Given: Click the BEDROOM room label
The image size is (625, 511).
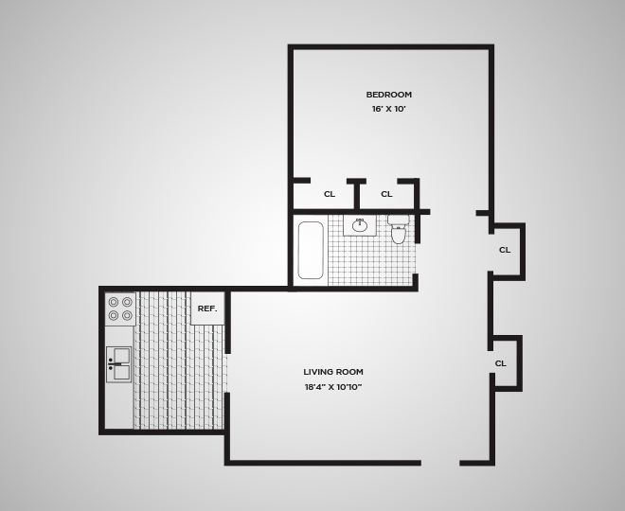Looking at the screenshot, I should (x=388, y=95).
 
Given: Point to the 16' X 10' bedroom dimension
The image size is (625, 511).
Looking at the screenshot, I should (x=388, y=110).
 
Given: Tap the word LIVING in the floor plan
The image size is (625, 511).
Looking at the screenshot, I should (x=318, y=372).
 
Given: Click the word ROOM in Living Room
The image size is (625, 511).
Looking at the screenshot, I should (x=349, y=372).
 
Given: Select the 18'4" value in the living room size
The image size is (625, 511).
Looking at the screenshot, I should (x=315, y=387).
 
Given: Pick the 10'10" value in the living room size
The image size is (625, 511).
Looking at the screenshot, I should (x=348, y=387).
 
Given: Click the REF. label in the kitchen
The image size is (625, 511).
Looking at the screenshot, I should (x=207, y=308).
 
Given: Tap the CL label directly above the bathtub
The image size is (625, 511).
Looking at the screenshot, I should (x=330, y=194).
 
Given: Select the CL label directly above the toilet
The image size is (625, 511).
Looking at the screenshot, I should (x=386, y=194).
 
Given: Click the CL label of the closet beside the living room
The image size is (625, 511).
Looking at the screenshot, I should (x=500, y=363).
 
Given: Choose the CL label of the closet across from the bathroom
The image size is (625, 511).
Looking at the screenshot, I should (x=505, y=250).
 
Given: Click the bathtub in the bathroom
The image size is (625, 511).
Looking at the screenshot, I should (x=311, y=250).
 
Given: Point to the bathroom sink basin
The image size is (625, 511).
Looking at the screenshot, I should (x=360, y=225).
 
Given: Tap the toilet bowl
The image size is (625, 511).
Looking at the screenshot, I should (x=399, y=236).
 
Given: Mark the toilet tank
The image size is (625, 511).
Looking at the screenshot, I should (x=399, y=220).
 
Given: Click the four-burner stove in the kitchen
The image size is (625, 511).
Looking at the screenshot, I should (x=120, y=308).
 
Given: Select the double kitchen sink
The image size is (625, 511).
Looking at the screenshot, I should (x=119, y=363).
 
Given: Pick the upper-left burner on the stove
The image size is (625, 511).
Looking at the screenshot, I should (x=114, y=302).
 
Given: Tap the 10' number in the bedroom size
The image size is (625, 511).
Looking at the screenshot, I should (x=401, y=110).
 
